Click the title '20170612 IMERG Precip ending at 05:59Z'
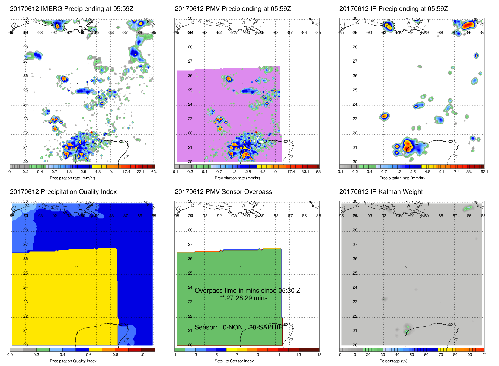72,9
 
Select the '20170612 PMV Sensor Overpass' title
223,192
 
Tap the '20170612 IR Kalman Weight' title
381,192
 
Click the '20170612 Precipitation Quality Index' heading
63,192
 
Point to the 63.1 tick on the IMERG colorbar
155,172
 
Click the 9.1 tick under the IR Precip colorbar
442,172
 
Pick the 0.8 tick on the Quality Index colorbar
115,355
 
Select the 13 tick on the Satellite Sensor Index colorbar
299,355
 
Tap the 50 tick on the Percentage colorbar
412,355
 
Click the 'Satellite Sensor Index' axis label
234,361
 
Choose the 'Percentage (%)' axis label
393,361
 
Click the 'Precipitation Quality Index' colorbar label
73,361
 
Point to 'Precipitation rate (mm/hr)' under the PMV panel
237,178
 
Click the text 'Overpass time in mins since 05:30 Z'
247,291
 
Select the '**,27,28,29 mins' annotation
243,298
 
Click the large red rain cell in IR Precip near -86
469,25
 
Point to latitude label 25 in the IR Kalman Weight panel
355,273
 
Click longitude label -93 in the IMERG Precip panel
40,33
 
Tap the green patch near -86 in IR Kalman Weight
468,208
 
